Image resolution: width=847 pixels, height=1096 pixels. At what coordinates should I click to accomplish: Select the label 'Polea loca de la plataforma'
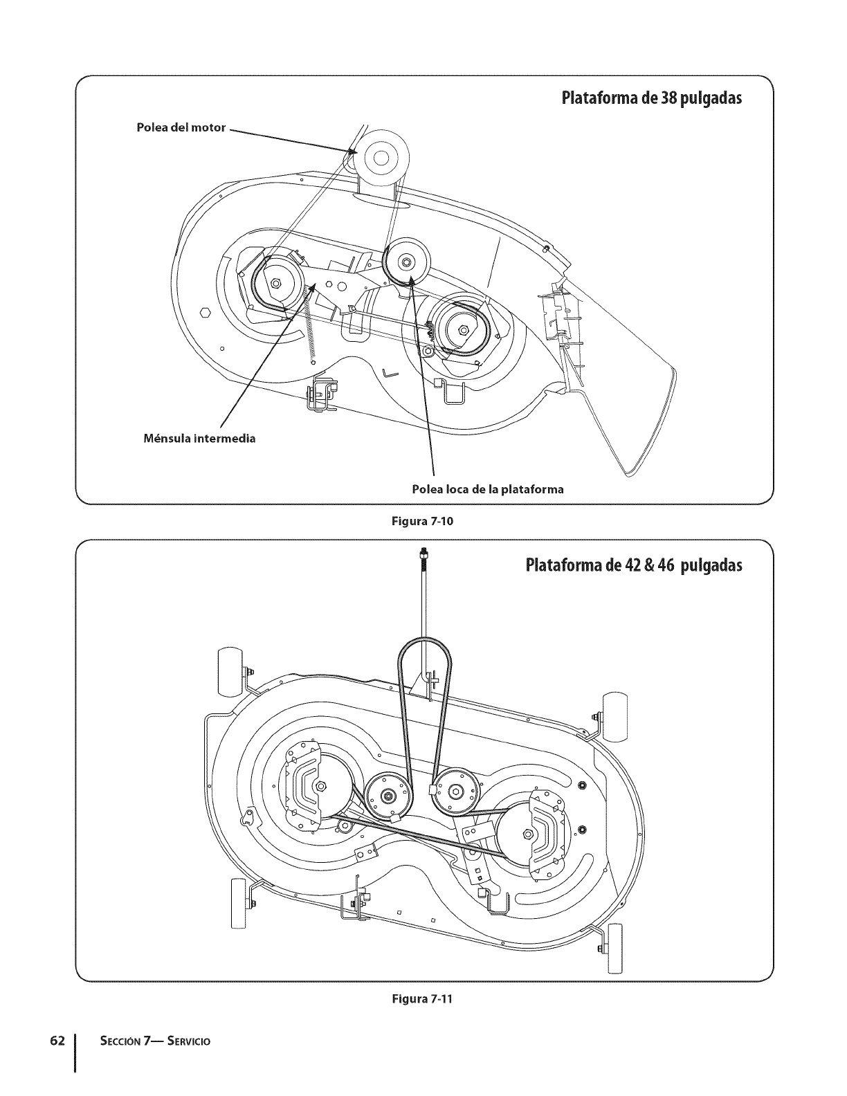pyautogui.click(x=487, y=489)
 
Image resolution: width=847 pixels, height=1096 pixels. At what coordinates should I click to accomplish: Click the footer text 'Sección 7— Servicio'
pyautogui.click(x=145, y=1041)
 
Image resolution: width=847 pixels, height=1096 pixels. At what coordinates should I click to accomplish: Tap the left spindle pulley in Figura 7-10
pyautogui.click(x=277, y=282)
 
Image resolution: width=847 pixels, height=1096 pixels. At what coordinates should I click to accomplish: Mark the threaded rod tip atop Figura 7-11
pyautogui.click(x=421, y=552)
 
